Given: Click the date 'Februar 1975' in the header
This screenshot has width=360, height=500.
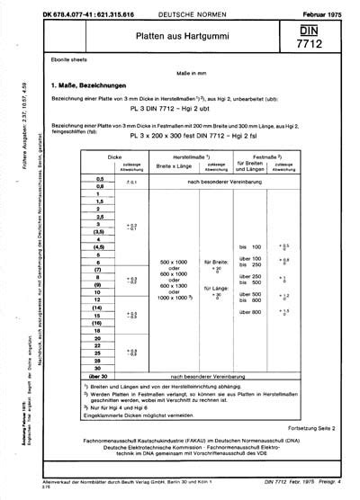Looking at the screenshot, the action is (324, 6).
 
